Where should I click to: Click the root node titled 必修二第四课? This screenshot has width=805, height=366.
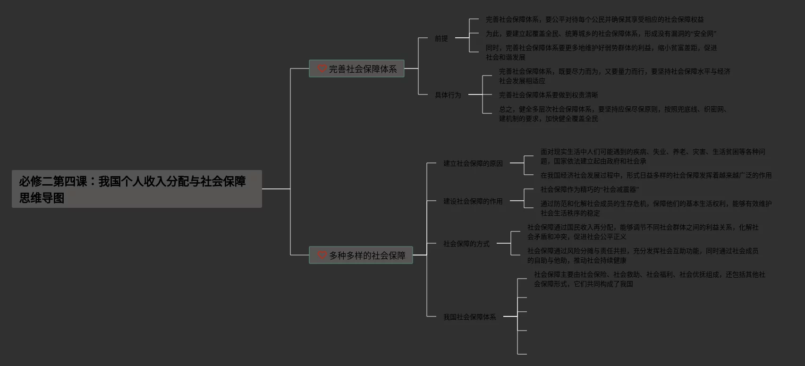tap(136, 189)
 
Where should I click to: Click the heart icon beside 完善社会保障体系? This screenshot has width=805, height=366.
tap(322, 69)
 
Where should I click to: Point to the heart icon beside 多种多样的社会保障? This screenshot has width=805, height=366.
tap(322, 255)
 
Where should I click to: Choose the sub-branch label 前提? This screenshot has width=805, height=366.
tap(441, 38)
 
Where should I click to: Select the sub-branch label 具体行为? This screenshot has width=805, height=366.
tap(448, 95)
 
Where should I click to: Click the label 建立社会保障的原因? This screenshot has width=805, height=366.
tap(473, 163)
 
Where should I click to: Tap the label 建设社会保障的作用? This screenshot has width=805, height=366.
tap(473, 201)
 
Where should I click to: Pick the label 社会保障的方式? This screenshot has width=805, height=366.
tap(466, 244)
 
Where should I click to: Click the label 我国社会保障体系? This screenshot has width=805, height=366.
tap(469, 317)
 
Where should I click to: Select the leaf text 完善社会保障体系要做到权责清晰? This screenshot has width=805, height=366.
tap(548, 95)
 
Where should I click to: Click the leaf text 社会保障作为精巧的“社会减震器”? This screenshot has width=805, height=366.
tap(589, 189)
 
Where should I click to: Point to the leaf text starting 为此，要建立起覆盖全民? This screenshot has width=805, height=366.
tap(601, 34)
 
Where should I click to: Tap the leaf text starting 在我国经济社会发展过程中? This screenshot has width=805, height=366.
tap(656, 175)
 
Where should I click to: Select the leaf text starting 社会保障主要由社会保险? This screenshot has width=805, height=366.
tap(649, 279)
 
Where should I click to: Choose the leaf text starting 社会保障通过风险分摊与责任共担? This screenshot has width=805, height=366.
tap(643, 255)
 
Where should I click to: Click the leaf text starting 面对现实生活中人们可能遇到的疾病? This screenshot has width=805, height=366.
tap(652, 156)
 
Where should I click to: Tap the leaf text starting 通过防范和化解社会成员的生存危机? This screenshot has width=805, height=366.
tap(656, 208)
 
